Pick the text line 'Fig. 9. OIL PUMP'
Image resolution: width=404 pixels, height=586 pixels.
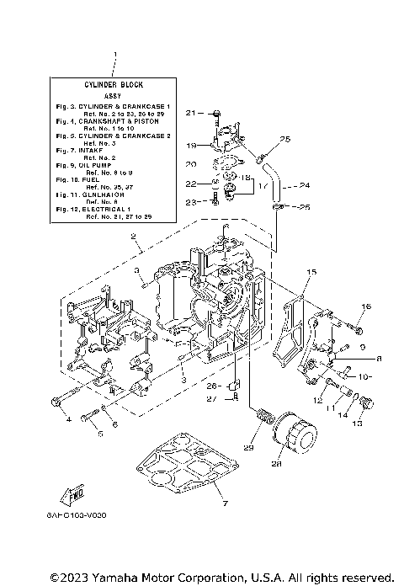point(92,167)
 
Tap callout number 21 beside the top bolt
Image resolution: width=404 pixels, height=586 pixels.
point(190,112)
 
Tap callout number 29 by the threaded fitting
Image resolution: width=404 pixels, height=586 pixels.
point(248,448)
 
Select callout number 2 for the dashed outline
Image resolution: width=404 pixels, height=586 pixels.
point(132,238)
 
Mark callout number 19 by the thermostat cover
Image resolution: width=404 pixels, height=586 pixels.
point(191,145)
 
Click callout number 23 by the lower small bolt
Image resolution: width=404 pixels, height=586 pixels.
point(191,201)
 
